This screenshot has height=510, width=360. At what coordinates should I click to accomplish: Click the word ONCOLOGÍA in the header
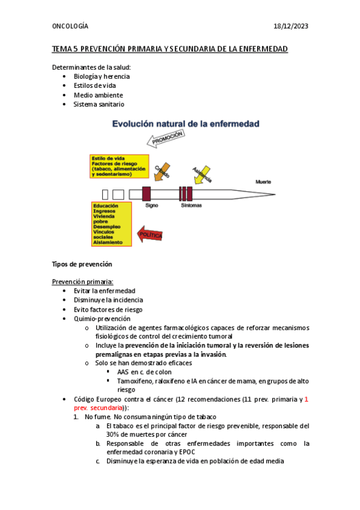[70, 26]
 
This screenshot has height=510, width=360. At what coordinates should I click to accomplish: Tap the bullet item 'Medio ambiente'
[98, 95]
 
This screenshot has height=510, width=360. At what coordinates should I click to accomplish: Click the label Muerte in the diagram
[263, 180]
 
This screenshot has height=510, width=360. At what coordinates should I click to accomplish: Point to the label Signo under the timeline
[151, 205]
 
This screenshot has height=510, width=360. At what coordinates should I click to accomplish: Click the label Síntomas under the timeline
[192, 205]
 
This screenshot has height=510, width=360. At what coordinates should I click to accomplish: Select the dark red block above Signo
[146, 193]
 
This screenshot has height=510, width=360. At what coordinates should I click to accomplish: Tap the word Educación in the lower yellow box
[105, 206]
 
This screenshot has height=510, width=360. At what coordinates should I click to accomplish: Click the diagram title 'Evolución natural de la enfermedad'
[186, 124]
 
